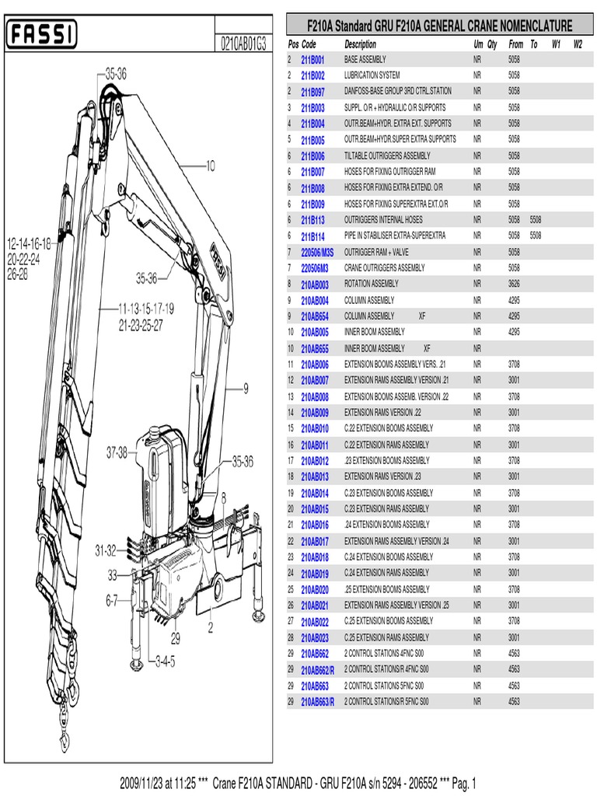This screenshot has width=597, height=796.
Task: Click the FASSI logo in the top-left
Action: point(42,34)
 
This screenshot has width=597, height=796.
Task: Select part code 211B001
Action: point(312,59)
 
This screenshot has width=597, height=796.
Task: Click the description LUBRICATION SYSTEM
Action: point(372,75)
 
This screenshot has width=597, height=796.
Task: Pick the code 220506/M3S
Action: point(316,252)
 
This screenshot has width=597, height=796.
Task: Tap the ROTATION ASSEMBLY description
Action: point(371,284)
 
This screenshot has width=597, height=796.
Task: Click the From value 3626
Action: point(514,284)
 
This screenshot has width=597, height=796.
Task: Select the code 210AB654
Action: point(314,316)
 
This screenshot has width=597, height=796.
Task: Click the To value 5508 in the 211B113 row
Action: point(535,220)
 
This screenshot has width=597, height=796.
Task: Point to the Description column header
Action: point(360,44)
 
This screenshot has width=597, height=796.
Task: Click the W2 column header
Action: point(578,44)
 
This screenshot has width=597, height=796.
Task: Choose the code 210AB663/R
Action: point(317,702)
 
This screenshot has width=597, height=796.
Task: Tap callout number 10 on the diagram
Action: point(210,165)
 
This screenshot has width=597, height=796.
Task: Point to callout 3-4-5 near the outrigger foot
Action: point(166,662)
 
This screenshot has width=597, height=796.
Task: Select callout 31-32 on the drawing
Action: point(106,550)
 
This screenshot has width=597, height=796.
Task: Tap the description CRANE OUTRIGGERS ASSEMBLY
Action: point(384,268)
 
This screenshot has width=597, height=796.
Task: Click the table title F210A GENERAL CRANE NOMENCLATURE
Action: point(439,26)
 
